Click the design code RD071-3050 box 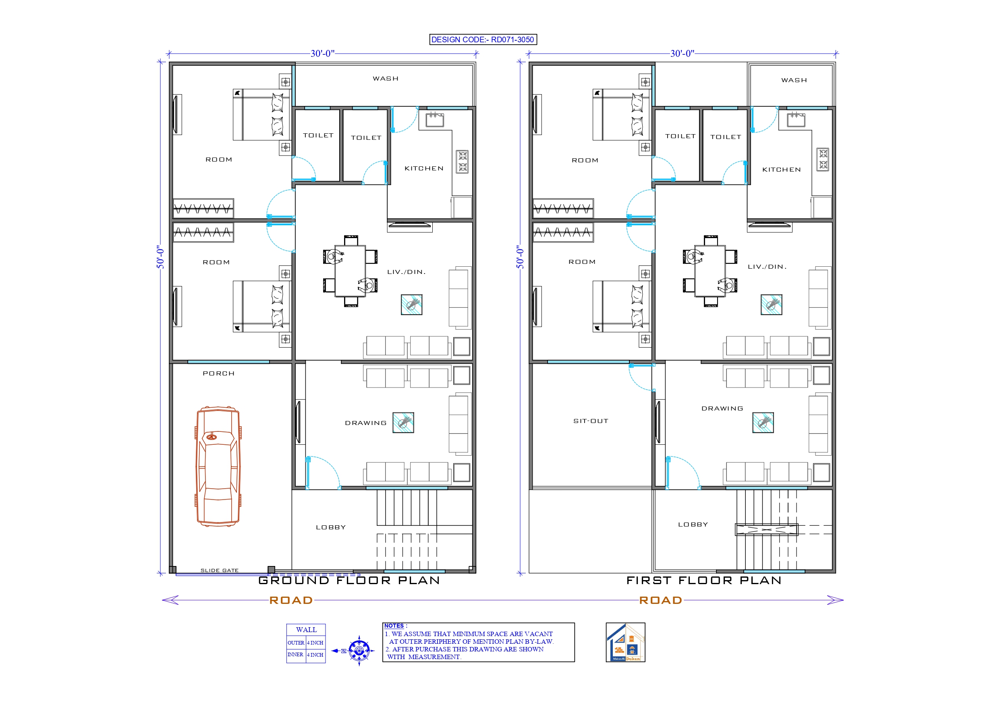pos(483,39)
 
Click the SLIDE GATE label pos(219,570)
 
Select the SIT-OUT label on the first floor pos(591,421)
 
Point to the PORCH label pos(219,373)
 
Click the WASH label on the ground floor pos(386,79)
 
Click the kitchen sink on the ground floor pos(435,119)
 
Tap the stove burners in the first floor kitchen pos(822,159)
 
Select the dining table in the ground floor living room pos(350,271)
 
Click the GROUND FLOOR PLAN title pos(349,580)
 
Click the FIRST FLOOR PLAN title pos(704,580)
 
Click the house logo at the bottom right pos(625,642)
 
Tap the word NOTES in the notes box pos(394,626)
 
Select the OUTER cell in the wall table pos(296,643)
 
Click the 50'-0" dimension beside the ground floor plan pos(160,257)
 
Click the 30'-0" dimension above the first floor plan pos(682,54)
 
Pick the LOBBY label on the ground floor pos(330,527)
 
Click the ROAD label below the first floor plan pos(660,600)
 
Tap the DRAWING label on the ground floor pos(365,423)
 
